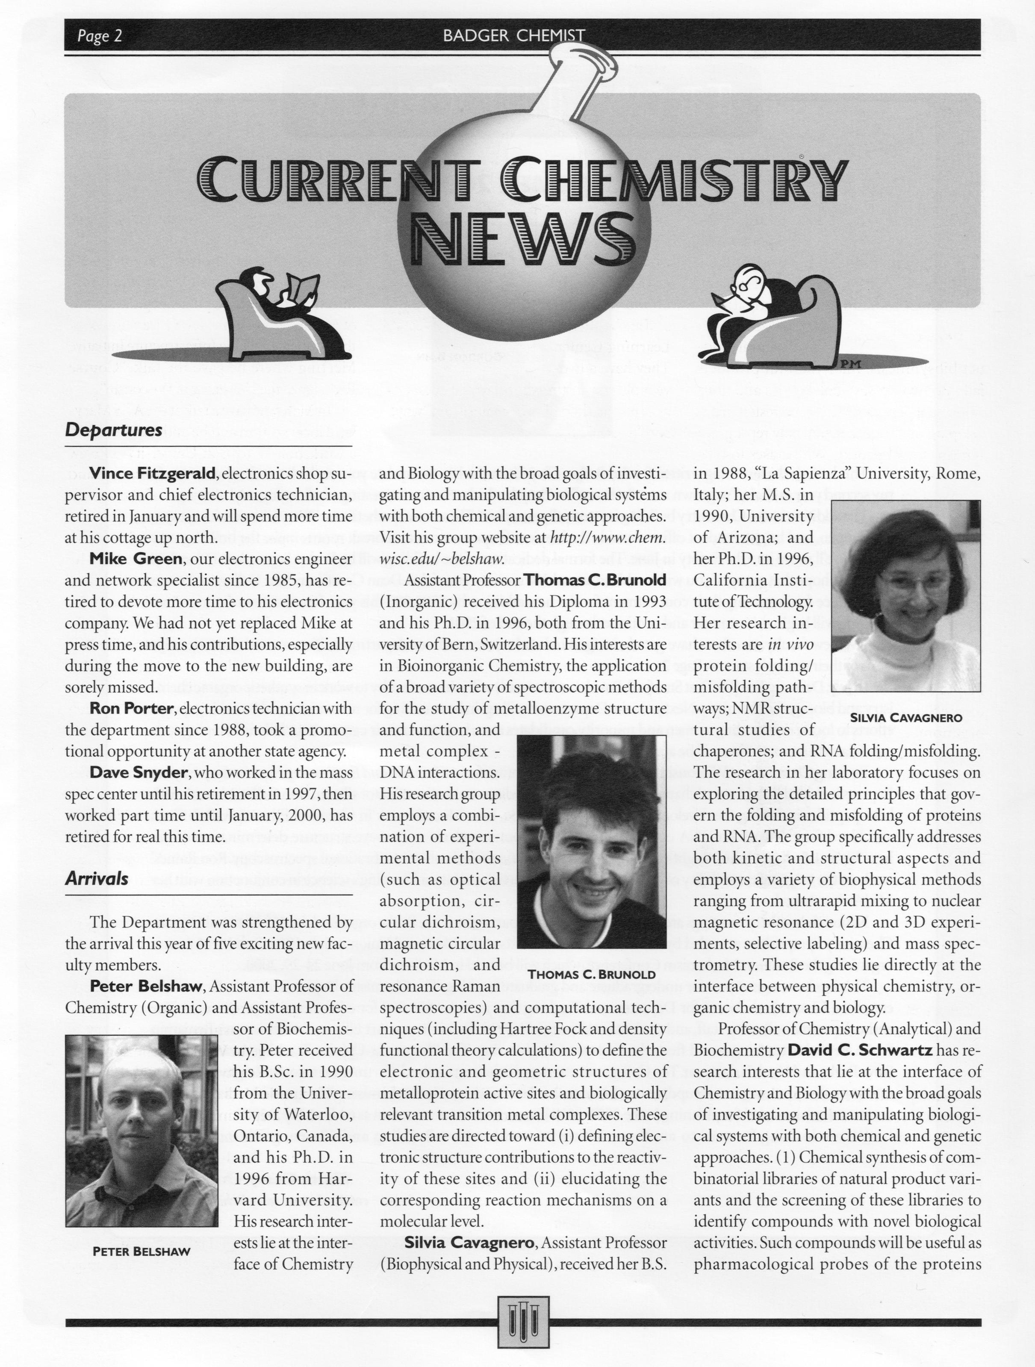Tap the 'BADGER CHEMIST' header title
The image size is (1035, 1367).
pos(513,36)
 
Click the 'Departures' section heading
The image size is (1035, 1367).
pos(114,430)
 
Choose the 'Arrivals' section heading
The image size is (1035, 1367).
pos(97,879)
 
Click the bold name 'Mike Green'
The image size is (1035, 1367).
pos(136,559)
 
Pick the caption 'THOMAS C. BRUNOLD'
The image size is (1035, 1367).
pos(591,975)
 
